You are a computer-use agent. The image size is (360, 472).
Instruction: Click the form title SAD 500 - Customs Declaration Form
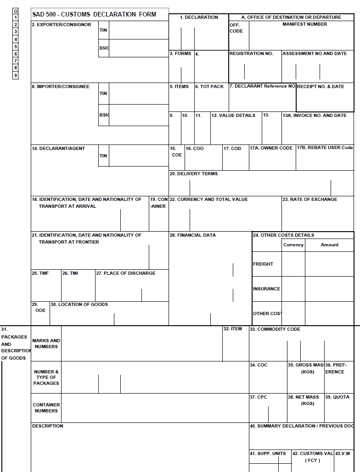pyautogui.click(x=94, y=14)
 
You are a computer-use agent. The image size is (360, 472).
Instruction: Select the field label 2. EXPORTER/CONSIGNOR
pyautogui.click(x=62, y=25)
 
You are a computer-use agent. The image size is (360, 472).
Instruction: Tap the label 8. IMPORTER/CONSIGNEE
pyautogui.click(x=61, y=87)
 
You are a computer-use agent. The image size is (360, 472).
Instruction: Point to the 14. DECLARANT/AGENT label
pyautogui.click(x=58, y=149)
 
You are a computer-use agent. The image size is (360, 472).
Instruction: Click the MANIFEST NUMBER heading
pyautogui.click(x=304, y=24)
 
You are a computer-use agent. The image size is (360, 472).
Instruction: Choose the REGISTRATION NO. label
pyautogui.click(x=251, y=54)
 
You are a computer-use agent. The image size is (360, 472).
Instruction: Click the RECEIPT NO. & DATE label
pyautogui.click(x=321, y=87)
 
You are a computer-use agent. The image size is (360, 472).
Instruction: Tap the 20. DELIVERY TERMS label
pyautogui.click(x=194, y=174)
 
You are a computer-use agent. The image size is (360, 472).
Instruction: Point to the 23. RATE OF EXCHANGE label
pyautogui.click(x=309, y=200)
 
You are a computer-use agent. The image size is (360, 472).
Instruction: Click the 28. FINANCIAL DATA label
pyautogui.click(x=193, y=235)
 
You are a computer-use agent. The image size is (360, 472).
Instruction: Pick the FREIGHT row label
pyautogui.click(x=263, y=264)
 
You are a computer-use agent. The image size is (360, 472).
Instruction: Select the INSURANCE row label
pyautogui.click(x=266, y=289)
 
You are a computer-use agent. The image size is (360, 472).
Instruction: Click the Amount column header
pyautogui.click(x=329, y=245)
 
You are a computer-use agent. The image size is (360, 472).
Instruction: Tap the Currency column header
pyautogui.click(x=293, y=245)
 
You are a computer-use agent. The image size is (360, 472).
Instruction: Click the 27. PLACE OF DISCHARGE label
pyautogui.click(x=126, y=273)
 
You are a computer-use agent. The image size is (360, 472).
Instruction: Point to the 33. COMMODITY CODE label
pyautogui.click(x=275, y=329)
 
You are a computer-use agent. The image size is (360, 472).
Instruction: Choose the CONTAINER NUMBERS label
pyautogui.click(x=46, y=408)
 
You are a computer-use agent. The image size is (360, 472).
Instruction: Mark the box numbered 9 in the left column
pyautogui.click(x=15, y=75)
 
